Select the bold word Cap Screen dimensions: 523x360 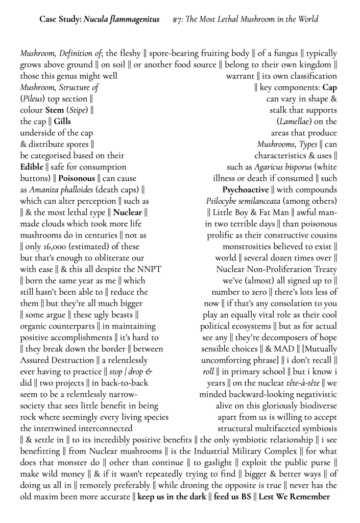(329, 87)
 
